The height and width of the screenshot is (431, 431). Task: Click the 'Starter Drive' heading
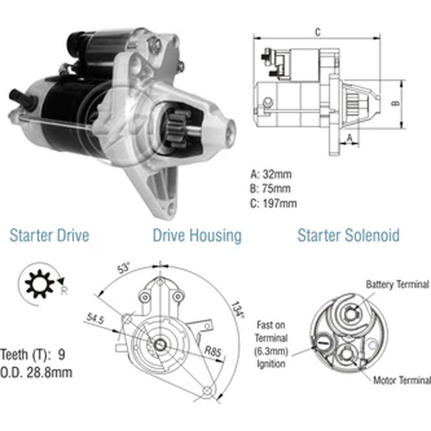click(x=50, y=235)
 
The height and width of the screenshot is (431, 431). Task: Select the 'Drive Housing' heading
click(x=197, y=236)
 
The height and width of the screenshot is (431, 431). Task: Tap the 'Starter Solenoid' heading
click(x=349, y=235)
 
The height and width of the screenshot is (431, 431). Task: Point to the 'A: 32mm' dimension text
click(x=271, y=174)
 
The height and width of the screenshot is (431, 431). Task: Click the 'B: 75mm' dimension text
click(x=270, y=189)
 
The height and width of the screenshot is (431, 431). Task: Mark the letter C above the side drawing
click(x=318, y=32)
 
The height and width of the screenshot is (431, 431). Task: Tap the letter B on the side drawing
click(x=396, y=103)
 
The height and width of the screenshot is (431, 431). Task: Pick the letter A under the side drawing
click(x=350, y=138)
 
